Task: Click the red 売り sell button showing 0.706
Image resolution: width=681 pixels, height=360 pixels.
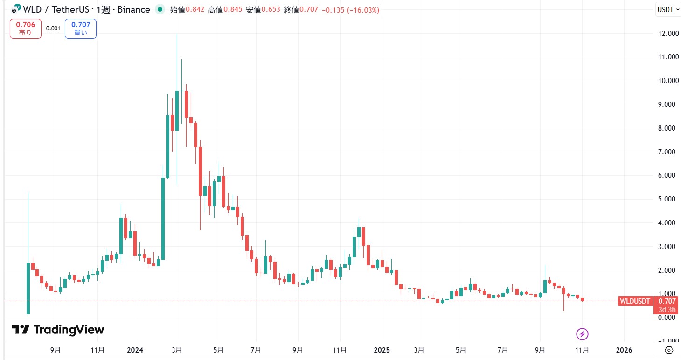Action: pos(25,28)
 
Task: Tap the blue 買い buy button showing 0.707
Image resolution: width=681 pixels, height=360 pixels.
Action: pos(81,28)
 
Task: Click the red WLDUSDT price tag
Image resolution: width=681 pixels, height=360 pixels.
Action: pos(635,301)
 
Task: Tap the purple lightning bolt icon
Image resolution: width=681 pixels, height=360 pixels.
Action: pos(582,334)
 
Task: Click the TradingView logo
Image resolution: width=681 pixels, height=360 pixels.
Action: pos(58,330)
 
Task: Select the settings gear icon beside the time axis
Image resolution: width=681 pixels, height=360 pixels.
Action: pos(668,350)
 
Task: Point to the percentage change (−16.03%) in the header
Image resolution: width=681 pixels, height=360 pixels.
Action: pos(363,10)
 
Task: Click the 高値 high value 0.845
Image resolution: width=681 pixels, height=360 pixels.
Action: pos(233,10)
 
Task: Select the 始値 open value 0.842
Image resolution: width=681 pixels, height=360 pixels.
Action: pos(195,10)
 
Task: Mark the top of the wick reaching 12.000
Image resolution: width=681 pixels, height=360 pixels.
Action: pos(177,34)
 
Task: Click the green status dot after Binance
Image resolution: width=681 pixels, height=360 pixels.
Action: pos(160,9)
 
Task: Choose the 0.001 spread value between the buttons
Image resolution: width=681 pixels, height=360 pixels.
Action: pos(53,28)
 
